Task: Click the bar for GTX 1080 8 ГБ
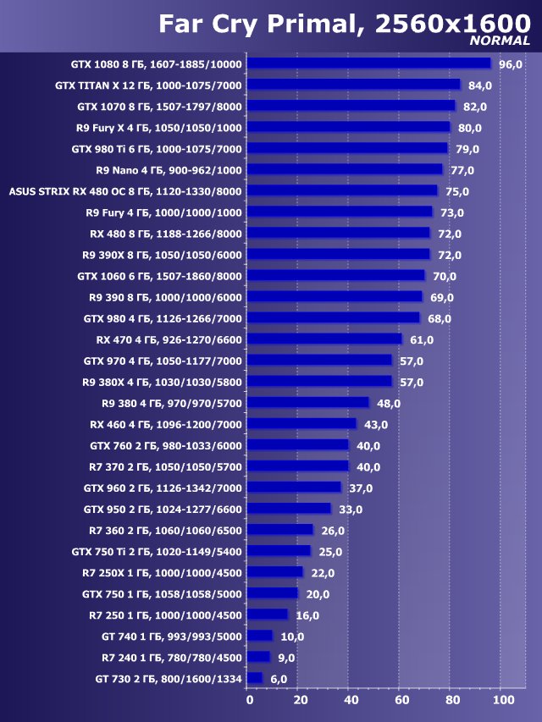tap(369, 63)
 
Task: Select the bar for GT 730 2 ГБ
tap(255, 678)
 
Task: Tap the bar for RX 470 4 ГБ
tap(324, 339)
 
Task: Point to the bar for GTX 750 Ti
tap(279, 551)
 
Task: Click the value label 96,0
tap(511, 64)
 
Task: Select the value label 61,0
tap(422, 339)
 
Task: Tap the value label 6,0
tap(279, 679)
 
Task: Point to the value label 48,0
tap(389, 404)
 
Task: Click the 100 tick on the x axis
tap(503, 700)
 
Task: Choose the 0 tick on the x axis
tap(249, 700)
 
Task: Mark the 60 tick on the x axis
tap(401, 700)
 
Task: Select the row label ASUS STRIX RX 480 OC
tap(124, 191)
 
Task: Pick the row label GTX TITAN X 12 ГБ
tap(148, 85)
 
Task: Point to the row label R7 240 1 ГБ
tap(172, 658)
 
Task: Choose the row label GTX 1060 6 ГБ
tap(159, 276)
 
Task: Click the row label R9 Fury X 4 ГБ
tap(158, 128)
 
